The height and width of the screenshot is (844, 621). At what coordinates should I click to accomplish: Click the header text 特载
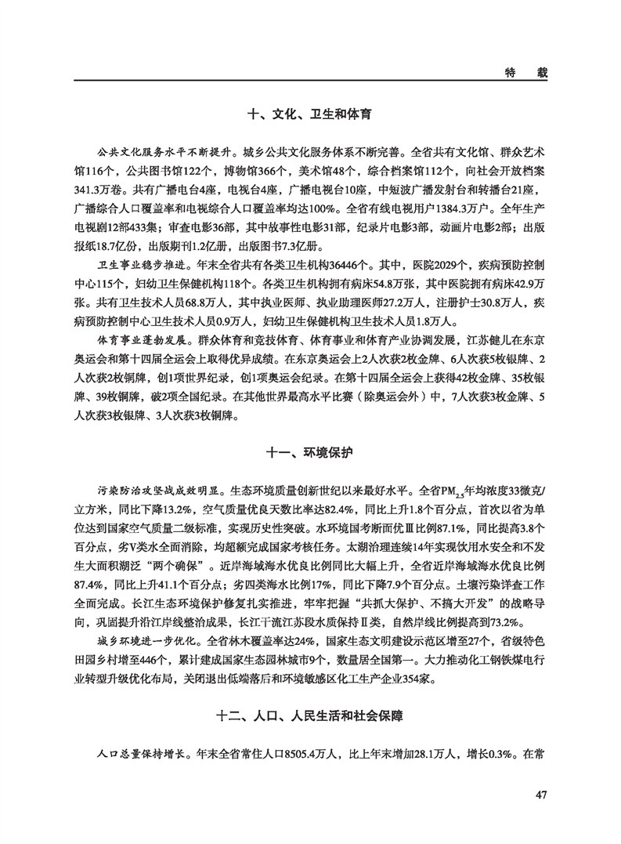pyautogui.click(x=525, y=71)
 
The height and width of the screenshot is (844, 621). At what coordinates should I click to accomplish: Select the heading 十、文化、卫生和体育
pyautogui.click(x=309, y=114)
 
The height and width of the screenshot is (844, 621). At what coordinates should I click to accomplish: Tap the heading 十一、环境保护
pyautogui.click(x=310, y=454)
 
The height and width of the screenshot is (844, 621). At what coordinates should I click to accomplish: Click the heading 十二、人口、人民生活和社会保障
pyautogui.click(x=310, y=715)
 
